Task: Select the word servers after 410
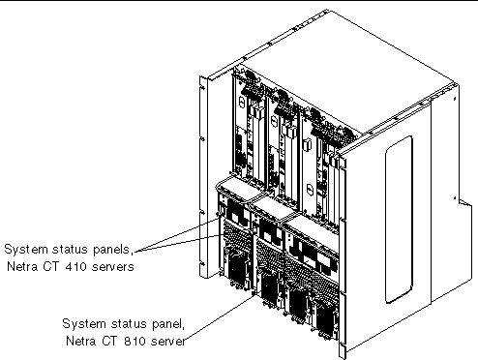coord(113,267)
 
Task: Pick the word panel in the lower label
coord(167,324)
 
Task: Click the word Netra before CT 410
coord(21,267)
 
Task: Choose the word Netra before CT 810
coord(80,342)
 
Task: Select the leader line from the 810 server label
coord(221,316)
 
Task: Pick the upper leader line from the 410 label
coord(177,234)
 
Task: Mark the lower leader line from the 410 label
coord(179,243)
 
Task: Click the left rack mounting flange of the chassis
coord(203,177)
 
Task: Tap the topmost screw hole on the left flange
coord(202,87)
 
